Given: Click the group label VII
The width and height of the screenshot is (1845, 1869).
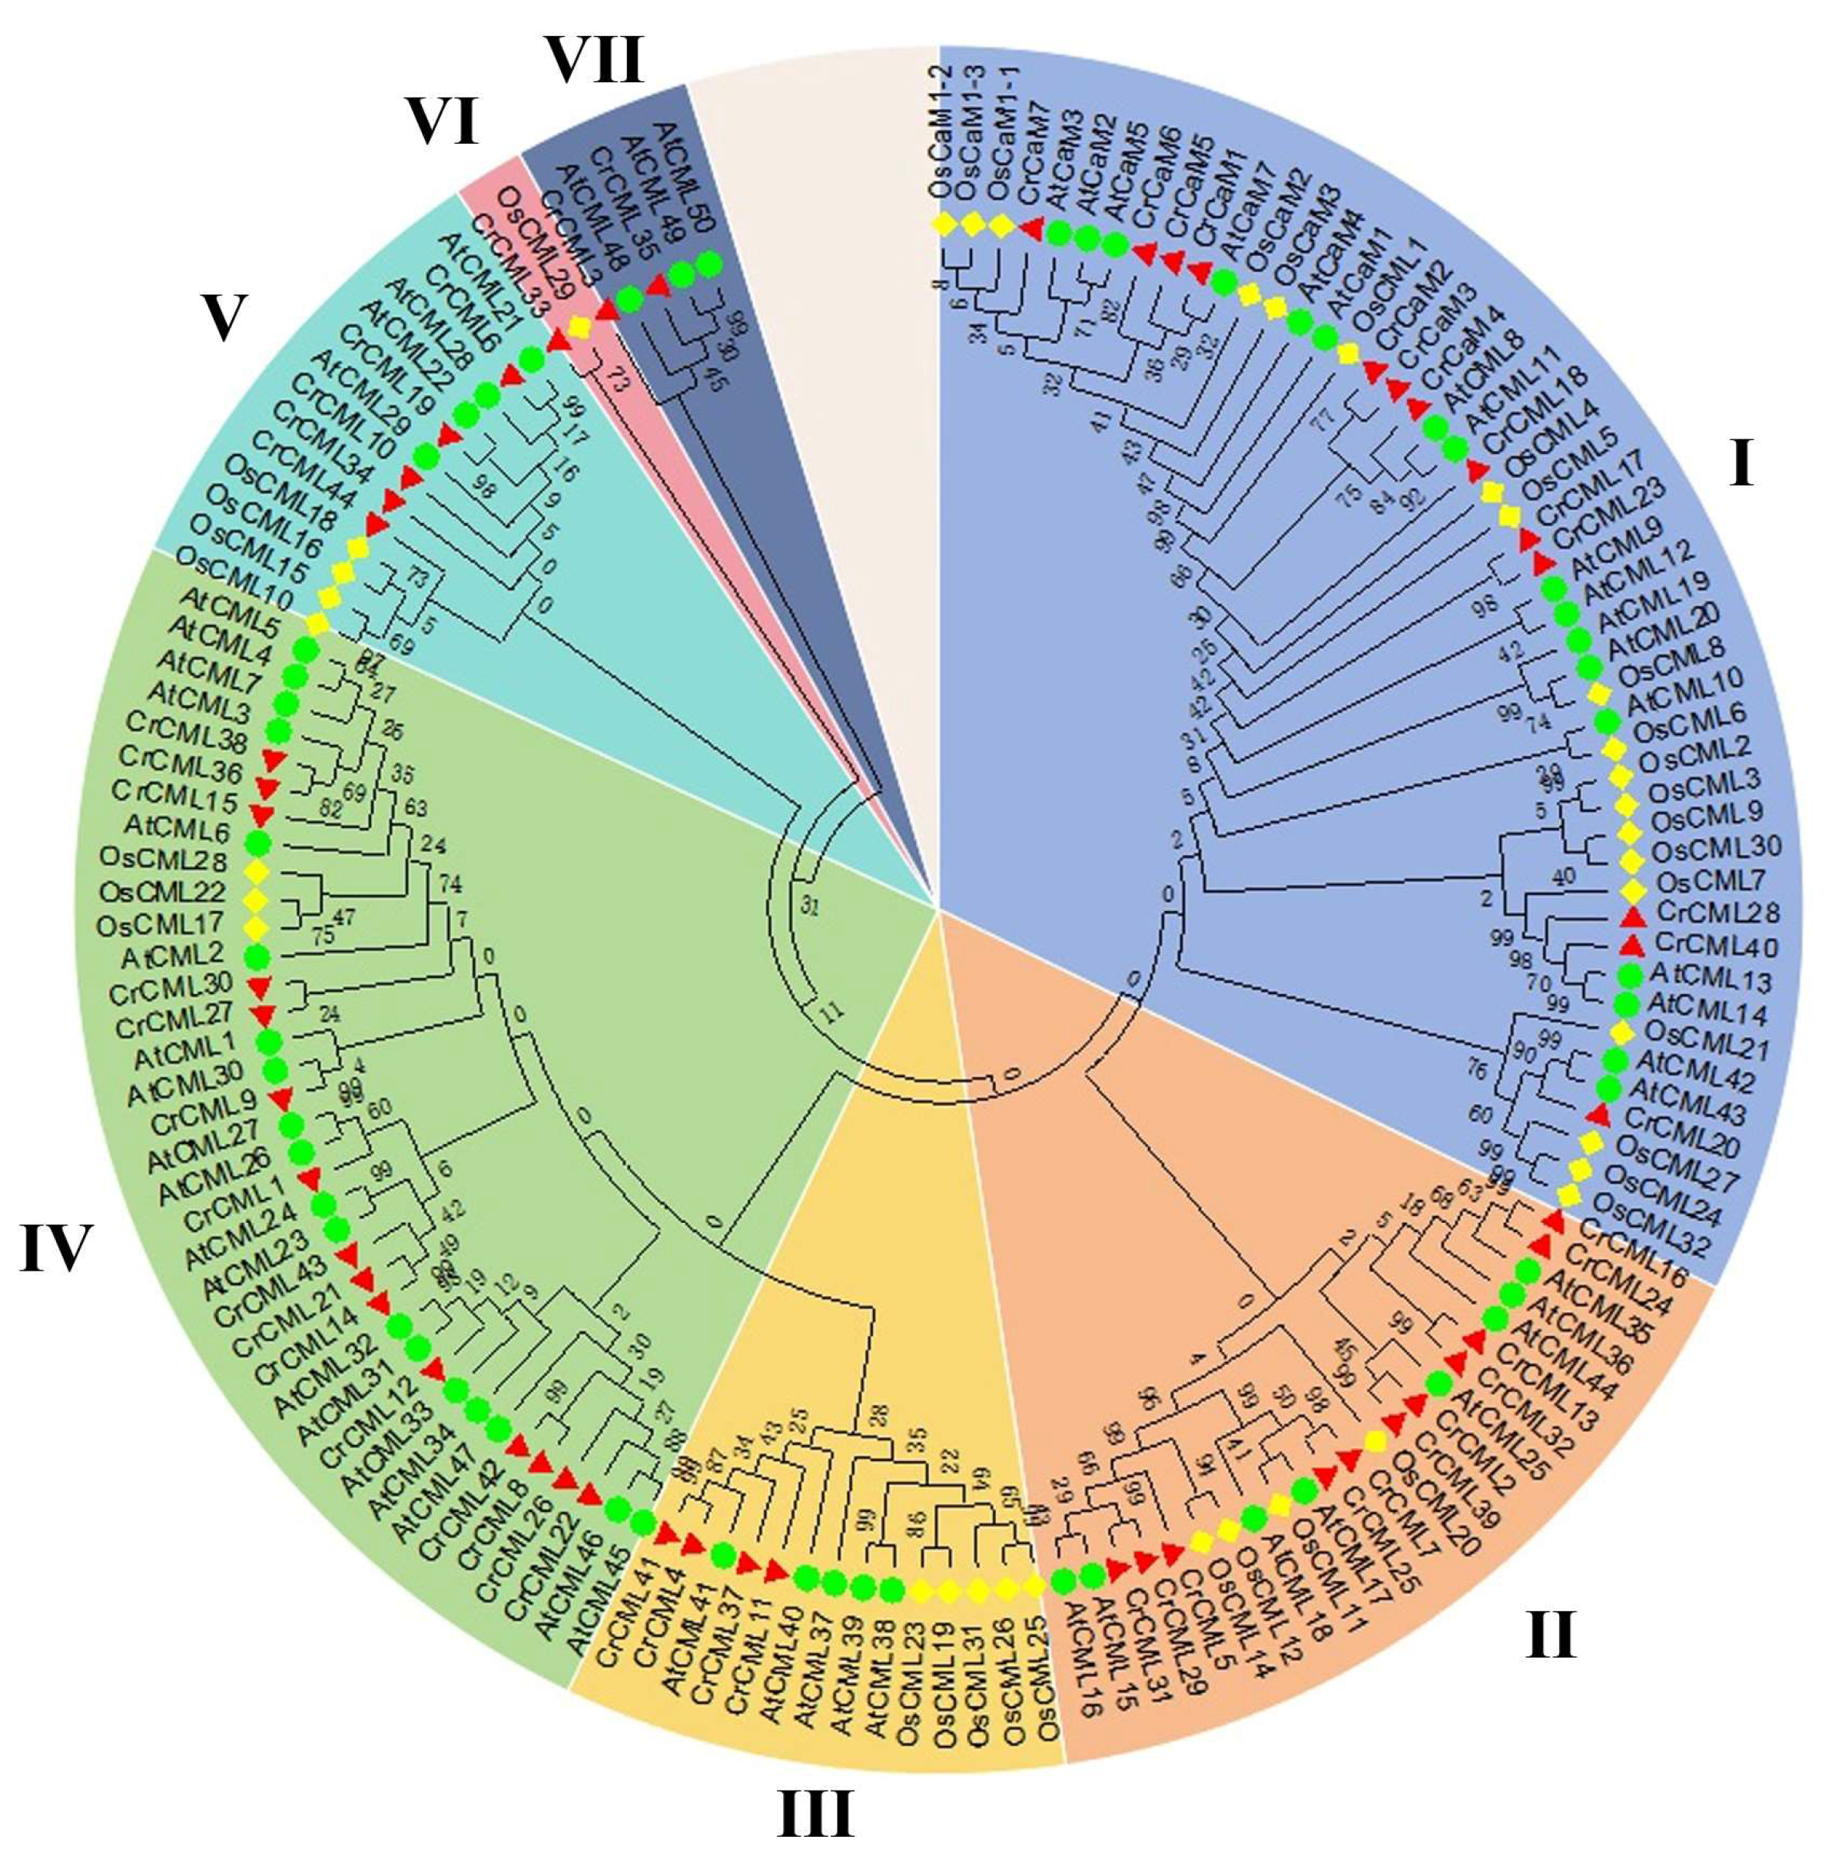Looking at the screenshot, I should pyautogui.click(x=595, y=63).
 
